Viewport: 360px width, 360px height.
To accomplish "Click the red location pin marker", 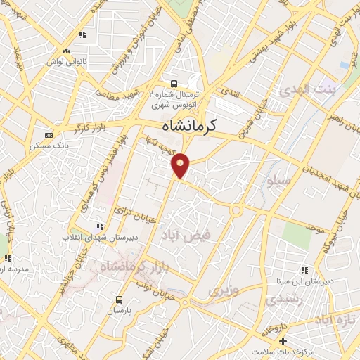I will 181,165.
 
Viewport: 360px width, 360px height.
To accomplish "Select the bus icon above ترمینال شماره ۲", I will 174,82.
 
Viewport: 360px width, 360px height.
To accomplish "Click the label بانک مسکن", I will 48,146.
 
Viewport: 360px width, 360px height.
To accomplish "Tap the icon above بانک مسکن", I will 48,135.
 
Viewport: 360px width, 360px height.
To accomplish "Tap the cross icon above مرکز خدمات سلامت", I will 283,340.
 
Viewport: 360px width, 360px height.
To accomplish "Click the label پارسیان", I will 119,309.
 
